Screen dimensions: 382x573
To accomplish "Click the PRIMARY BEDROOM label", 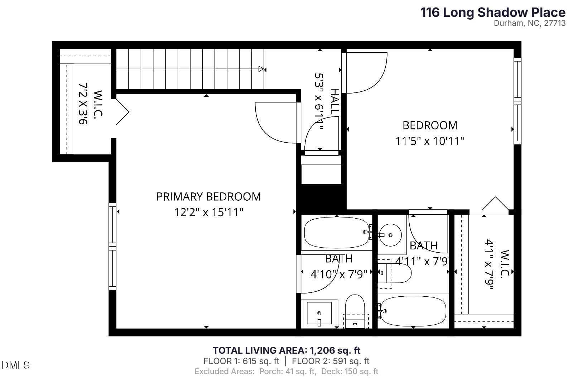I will coord(208,197).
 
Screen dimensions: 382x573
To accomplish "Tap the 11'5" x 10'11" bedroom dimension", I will coord(430,141).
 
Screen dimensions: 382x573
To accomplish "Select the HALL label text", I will coord(334,102).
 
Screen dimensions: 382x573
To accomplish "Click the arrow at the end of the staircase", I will coord(261,69).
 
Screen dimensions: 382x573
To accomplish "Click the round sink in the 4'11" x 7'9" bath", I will coord(390,235).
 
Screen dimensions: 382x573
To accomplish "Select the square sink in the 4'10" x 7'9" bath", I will coord(319,313).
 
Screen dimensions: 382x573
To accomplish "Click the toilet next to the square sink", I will coord(355,310).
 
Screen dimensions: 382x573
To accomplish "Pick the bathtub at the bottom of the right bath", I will coord(413,311).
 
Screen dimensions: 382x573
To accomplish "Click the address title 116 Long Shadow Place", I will coord(493,13).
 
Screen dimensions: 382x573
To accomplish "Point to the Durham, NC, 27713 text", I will coord(529,23).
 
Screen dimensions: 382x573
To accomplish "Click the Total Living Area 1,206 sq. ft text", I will coord(286,350).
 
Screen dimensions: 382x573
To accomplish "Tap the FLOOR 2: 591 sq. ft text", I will coord(331,361).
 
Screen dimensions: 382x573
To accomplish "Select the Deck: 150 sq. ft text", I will coord(350,372).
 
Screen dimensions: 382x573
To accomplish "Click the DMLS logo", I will coord(15,365).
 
